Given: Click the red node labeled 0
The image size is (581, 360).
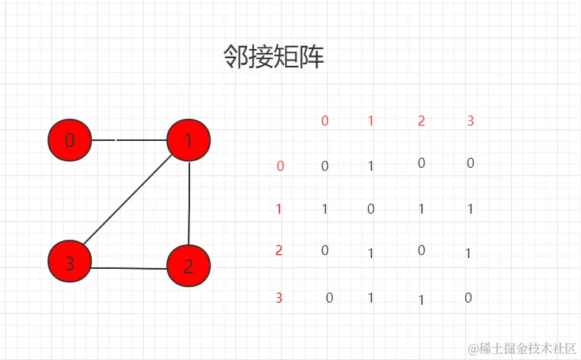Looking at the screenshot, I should (70, 140).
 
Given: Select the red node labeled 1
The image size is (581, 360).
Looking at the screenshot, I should (189, 140).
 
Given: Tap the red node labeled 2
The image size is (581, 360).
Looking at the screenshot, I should (188, 267).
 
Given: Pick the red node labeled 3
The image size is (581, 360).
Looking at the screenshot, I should (70, 264).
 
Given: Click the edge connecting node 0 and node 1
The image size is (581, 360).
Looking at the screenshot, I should (130, 141).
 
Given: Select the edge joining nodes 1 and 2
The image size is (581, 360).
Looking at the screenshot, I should (189, 203).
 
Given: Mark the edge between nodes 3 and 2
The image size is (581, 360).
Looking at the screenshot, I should (129, 268).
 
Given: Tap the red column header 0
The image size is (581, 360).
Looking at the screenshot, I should (325, 120).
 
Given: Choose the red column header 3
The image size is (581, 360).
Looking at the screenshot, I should (471, 120).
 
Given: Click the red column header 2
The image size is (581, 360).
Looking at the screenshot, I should (422, 120).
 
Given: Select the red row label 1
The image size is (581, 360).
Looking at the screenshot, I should (279, 209).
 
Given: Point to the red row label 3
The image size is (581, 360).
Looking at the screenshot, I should (279, 298).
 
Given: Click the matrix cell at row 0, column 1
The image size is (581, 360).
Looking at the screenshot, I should (371, 165).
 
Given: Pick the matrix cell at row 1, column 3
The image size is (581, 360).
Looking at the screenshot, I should (469, 209).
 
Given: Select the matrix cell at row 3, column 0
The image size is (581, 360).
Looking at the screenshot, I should (330, 298).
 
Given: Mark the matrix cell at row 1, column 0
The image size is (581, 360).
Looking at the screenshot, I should (325, 209).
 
